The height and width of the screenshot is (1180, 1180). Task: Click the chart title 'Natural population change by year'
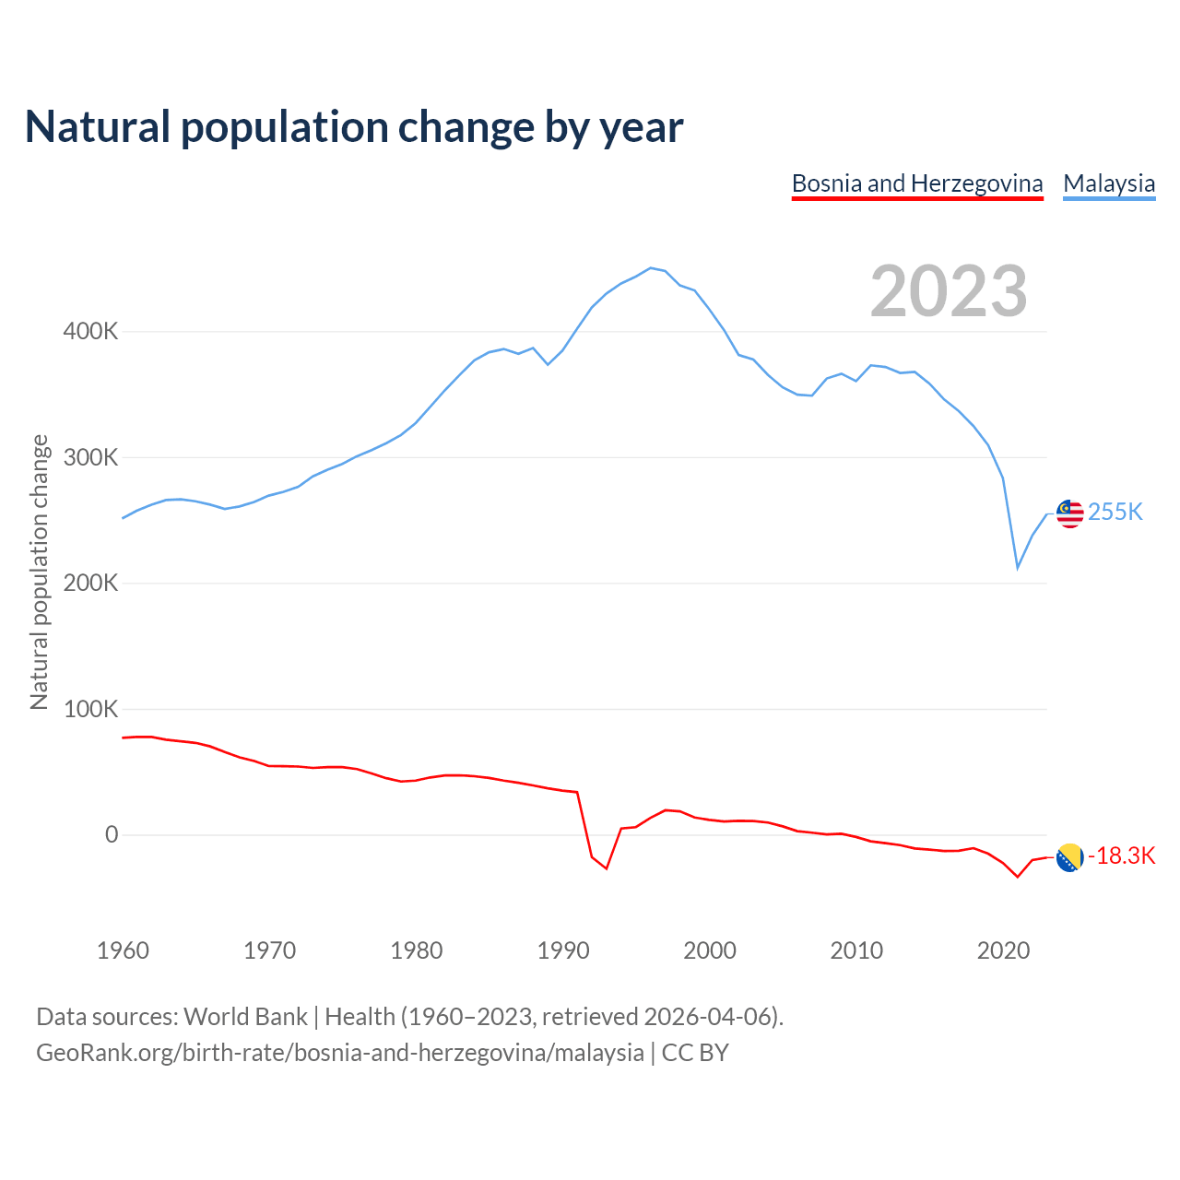(353, 127)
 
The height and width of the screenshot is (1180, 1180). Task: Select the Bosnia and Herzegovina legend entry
(917, 183)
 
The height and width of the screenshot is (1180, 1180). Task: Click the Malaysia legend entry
(1109, 183)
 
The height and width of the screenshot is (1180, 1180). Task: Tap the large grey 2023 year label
(949, 291)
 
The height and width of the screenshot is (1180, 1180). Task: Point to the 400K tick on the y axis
(90, 331)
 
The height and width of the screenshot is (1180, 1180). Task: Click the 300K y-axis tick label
(90, 457)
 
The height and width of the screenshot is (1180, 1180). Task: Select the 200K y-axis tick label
(90, 583)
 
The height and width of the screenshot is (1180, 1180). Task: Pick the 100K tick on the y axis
(90, 709)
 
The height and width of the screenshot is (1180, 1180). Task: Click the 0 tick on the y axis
(112, 834)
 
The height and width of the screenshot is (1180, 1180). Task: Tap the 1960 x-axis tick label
(123, 950)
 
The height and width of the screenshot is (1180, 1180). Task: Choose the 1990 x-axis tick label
(563, 950)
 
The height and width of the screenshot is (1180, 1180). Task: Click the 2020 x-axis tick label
(1003, 950)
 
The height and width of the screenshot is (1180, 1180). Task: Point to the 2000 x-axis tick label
(710, 950)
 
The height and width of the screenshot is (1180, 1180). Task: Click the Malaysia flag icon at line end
(1069, 513)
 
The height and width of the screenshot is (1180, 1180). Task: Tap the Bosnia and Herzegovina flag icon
(1069, 857)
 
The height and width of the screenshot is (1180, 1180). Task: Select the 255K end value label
(1115, 512)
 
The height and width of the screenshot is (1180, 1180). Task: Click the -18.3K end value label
(1122, 856)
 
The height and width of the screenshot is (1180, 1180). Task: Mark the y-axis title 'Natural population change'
(39, 572)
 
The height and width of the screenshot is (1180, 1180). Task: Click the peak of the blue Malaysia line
(651, 268)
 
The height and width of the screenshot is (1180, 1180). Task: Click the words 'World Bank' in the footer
(245, 1017)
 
